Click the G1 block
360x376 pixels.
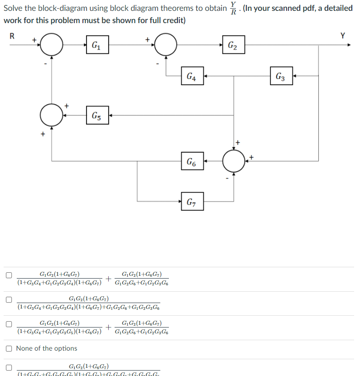coord(96,45)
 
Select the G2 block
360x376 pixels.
coord(233,45)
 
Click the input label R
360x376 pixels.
coord(12,36)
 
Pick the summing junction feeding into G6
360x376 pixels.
coord(234,161)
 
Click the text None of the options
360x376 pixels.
coord(47,348)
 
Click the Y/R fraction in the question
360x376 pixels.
coord(233,8)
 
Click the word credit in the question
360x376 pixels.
coord(173,20)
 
